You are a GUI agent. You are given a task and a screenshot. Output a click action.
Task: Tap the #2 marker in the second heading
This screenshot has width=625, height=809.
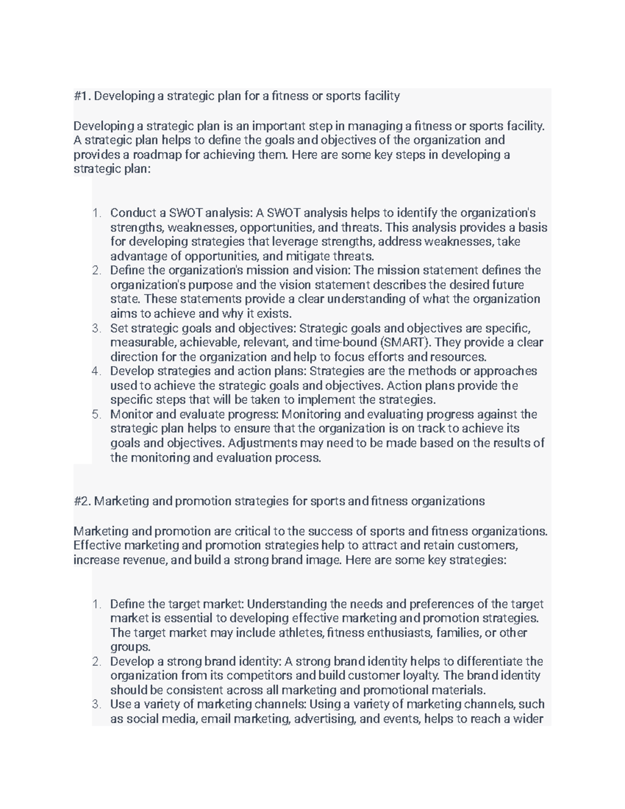pyautogui.click(x=82, y=501)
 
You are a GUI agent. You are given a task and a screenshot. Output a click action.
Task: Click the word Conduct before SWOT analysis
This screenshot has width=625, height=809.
pyautogui.click(x=131, y=213)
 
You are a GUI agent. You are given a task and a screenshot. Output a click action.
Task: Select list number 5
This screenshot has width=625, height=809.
pyautogui.click(x=96, y=415)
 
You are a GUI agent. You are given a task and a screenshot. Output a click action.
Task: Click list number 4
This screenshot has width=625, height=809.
pyautogui.click(x=96, y=371)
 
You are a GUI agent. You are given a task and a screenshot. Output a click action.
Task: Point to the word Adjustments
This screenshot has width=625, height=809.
pyautogui.click(x=261, y=443)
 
